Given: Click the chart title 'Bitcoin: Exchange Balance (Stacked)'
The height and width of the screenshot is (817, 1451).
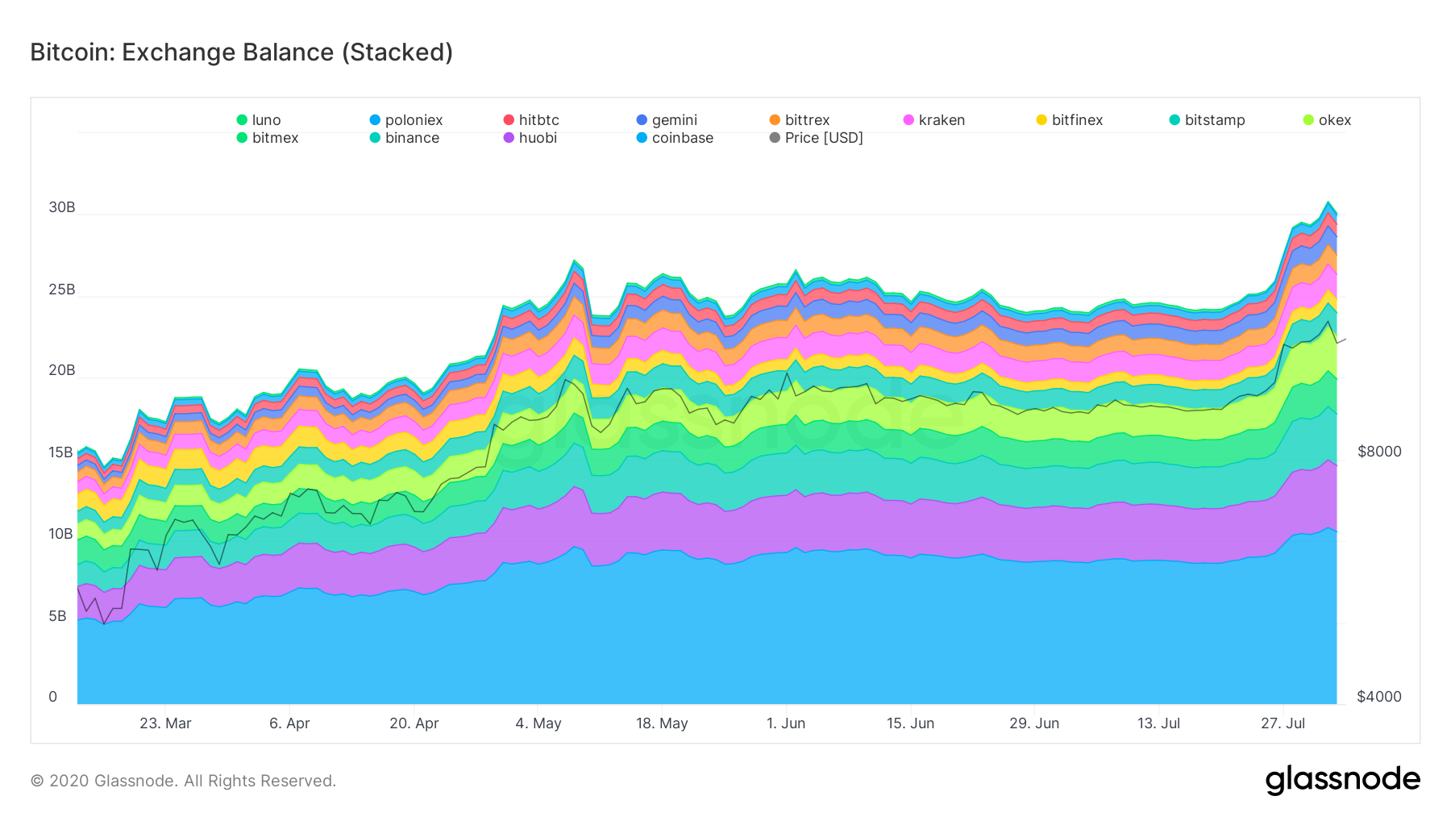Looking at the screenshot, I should (x=241, y=52).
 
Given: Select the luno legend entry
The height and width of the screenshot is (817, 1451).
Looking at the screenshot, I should (x=259, y=120).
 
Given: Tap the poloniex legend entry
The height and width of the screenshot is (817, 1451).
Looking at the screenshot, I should (x=406, y=120).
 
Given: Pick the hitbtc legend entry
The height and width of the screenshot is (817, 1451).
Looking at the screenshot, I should (x=531, y=120).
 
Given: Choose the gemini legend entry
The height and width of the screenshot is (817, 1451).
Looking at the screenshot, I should (x=667, y=120).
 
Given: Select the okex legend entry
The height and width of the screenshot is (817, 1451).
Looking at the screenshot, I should (x=1327, y=120).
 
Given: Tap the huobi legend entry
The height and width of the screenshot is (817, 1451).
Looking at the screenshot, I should (x=530, y=138).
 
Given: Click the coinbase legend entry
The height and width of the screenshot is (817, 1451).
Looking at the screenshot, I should (x=675, y=138).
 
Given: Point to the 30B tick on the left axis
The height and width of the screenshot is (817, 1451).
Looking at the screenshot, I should (x=62, y=207).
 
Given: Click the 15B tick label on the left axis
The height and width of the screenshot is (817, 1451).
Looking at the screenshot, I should (x=61, y=452).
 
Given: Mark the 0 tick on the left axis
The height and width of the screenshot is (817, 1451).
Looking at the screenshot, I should (x=53, y=697).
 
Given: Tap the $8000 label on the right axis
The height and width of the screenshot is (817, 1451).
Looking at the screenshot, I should (x=1379, y=452).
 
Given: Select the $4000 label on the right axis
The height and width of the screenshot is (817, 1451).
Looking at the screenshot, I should (x=1379, y=697).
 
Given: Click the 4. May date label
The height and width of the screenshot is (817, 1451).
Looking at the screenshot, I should (x=538, y=723).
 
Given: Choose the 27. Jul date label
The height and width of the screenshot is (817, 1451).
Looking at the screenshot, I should (x=1283, y=723).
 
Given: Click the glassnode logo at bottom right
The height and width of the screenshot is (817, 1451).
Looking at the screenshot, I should (x=1342, y=780).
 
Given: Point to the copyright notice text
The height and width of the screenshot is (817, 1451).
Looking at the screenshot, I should (x=183, y=781).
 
